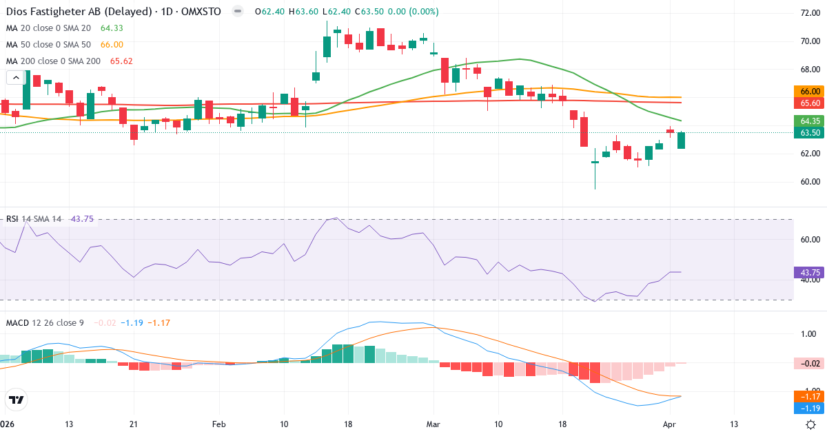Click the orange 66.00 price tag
click(809, 91)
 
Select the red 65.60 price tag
click(809, 103)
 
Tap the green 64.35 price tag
click(809, 121)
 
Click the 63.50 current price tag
click(809, 132)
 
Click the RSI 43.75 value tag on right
click(809, 272)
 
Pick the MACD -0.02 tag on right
click(809, 363)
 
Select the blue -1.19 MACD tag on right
click(809, 408)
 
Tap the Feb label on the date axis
click(219, 424)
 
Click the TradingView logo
click(17, 400)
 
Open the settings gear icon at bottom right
click(811, 424)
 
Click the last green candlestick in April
click(681, 140)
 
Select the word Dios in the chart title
click(18, 12)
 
